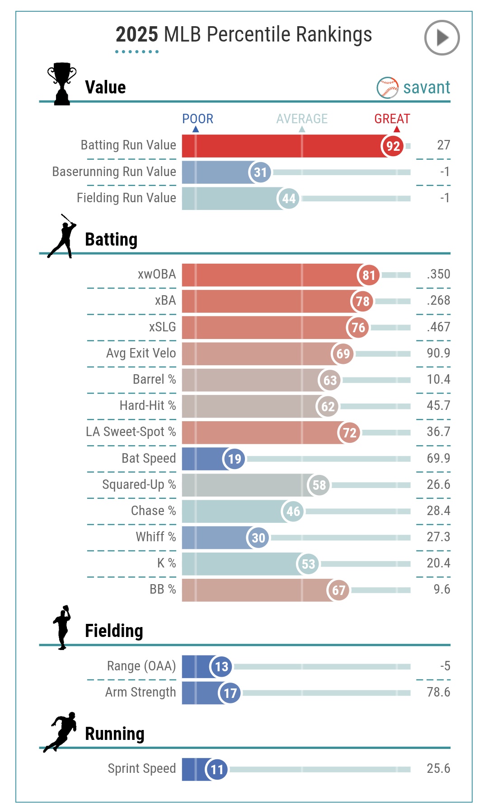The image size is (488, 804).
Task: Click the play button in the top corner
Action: pos(441,38)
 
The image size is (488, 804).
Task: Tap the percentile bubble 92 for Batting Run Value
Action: pos(393,146)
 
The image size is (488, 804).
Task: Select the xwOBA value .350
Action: pos(438,274)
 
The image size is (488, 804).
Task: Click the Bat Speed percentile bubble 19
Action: pos(234,459)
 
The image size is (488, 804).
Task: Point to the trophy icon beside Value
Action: pos(62,84)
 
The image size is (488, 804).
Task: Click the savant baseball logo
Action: pos(387,88)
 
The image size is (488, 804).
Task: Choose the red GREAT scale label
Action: pos(392,119)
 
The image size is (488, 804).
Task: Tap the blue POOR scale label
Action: pos(197,119)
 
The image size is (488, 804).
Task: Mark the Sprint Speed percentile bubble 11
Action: pos(216,770)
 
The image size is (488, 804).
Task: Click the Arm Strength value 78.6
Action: pos(438,692)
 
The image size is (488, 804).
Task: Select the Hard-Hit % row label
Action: pos(148,405)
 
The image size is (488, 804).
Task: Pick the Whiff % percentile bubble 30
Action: pos(258,538)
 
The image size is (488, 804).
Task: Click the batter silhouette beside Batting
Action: pos(63,237)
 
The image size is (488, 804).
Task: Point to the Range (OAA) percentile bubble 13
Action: pos(221,667)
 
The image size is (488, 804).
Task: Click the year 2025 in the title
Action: pos(136,35)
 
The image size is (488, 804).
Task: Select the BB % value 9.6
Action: pos(441,589)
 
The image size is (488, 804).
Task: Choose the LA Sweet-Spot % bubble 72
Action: pos(349,433)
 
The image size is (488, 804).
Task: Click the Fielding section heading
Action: pos(114,631)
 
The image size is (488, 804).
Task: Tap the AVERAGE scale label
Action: pos(302,119)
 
